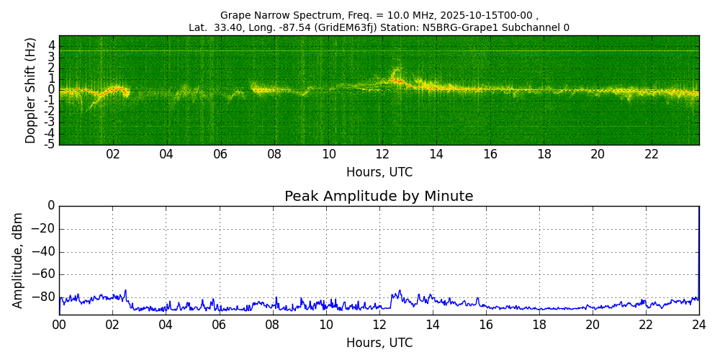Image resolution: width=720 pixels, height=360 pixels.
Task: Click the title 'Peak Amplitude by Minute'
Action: [379, 197]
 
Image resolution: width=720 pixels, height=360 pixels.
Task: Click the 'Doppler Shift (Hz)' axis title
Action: [30, 90]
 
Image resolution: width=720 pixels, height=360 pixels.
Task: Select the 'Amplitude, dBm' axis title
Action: [18, 260]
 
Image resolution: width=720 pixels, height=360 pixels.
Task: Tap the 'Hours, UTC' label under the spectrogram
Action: [379, 172]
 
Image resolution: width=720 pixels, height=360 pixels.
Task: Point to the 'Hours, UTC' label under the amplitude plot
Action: [379, 343]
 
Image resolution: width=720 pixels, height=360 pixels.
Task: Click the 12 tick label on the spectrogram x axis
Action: [382, 154]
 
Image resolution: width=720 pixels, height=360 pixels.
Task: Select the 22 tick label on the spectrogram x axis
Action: [652, 154]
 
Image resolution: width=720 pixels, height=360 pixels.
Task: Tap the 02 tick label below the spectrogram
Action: [113, 154]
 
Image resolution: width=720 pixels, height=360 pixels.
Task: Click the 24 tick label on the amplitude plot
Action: [698, 325]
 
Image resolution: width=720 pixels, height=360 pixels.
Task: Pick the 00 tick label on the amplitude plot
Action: [59, 325]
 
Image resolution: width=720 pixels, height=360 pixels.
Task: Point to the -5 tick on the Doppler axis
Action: [50, 144]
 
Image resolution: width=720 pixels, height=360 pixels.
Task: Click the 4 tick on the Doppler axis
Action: [52, 45]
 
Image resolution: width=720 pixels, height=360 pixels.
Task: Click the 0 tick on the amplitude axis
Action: [50, 206]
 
